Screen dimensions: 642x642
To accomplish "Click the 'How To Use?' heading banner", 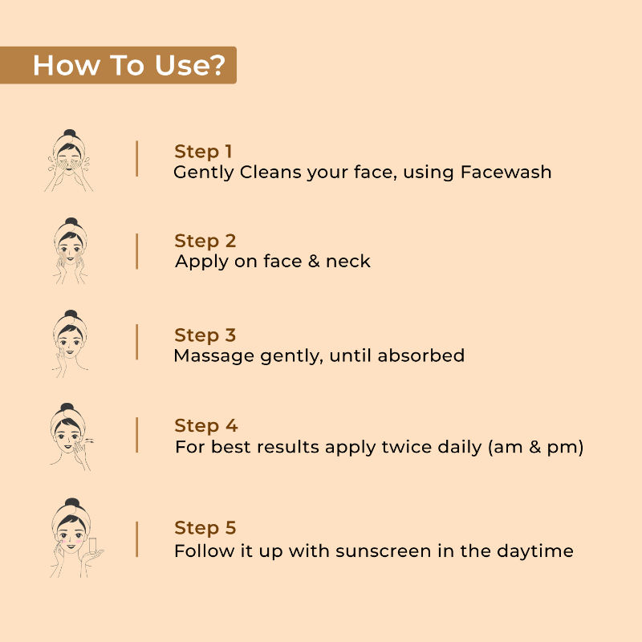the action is click(x=118, y=65).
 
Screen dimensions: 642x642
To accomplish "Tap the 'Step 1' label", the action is click(x=203, y=152).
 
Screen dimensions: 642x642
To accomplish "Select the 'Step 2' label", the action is click(x=205, y=242).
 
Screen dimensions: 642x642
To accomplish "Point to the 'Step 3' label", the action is click(x=205, y=335).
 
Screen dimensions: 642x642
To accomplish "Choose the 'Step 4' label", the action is click(x=206, y=426).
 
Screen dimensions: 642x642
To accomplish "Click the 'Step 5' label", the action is click(x=205, y=528).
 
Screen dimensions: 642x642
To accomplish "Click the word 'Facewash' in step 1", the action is click(x=506, y=172).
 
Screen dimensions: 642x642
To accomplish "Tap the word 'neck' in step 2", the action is click(x=348, y=262).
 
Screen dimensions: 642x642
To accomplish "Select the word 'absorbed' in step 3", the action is click(x=421, y=356).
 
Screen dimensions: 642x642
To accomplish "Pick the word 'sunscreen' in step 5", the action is click(x=384, y=551).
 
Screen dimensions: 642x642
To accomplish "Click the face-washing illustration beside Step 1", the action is click(x=69, y=160).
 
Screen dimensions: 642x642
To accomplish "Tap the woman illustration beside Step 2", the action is click(x=70, y=250).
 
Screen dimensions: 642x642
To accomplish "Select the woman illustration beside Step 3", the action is click(x=70, y=343).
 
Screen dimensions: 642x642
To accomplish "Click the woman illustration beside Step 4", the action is click(x=71, y=437).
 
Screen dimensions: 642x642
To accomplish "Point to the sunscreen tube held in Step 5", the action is click(x=92, y=546).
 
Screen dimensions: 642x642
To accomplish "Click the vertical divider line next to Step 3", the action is click(x=136, y=343).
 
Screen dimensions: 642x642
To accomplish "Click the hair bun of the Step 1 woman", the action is click(x=70, y=133).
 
